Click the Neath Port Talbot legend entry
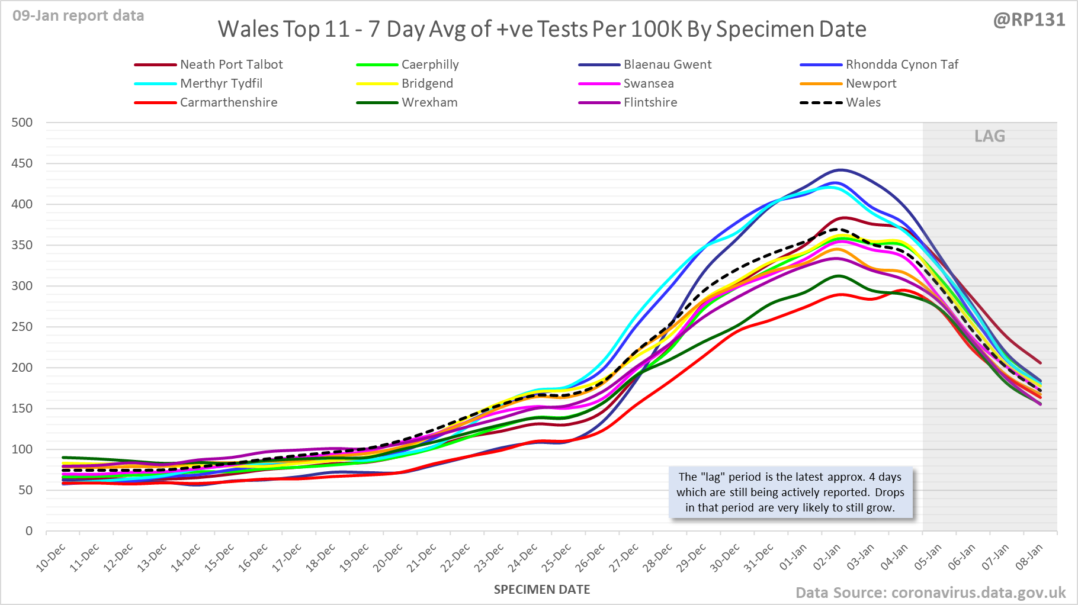point(231,65)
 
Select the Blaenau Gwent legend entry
point(667,65)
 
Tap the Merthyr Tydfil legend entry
point(221,83)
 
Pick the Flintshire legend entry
point(650,102)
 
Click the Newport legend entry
point(871,83)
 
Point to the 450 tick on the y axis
point(22,163)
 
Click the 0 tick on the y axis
point(29,531)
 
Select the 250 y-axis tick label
point(22,327)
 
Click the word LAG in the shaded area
point(990,137)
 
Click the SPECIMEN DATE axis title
point(542,590)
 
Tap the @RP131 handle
point(1029,20)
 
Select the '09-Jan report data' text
point(78,16)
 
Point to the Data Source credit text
point(931,593)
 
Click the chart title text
point(542,29)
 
